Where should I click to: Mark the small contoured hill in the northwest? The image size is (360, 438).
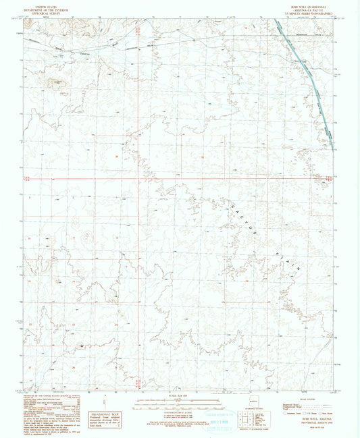[x=56, y=84]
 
